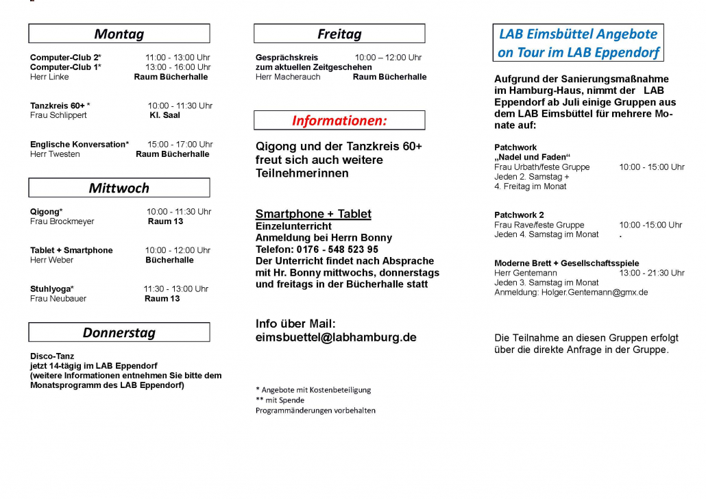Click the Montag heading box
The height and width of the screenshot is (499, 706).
(x=119, y=34)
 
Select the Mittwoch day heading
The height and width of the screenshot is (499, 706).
(x=119, y=188)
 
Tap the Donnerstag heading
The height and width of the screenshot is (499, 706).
(x=119, y=332)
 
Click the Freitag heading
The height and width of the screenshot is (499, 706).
(x=339, y=34)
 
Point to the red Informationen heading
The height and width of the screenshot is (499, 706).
(x=339, y=121)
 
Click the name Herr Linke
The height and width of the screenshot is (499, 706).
(x=49, y=77)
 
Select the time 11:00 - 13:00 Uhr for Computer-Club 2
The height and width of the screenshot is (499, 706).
(x=178, y=58)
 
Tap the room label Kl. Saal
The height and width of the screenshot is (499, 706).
(x=165, y=116)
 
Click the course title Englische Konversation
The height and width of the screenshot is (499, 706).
(x=79, y=145)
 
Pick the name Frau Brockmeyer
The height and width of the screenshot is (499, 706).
(x=62, y=222)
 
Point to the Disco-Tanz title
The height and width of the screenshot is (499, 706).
(x=52, y=356)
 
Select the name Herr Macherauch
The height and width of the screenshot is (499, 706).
(x=288, y=77)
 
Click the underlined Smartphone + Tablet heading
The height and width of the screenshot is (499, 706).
(x=313, y=214)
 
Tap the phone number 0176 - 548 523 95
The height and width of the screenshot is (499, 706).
(x=338, y=249)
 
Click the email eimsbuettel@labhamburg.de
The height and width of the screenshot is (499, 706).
(x=336, y=337)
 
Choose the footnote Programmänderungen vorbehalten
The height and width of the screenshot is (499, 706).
(x=315, y=411)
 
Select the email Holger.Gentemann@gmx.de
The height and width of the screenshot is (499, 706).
(x=595, y=293)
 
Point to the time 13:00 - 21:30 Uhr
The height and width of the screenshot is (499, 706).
(x=651, y=273)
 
